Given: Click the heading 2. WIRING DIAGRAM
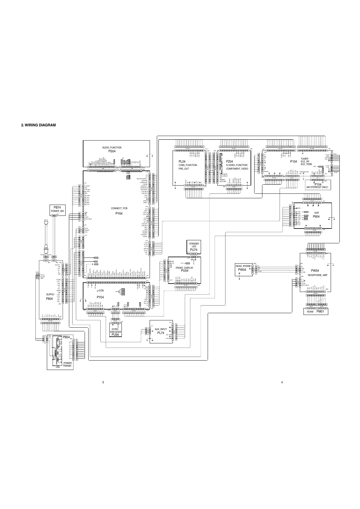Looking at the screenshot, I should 38,125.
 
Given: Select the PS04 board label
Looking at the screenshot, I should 112,151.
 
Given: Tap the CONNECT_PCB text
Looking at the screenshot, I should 119,209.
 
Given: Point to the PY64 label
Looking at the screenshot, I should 119,213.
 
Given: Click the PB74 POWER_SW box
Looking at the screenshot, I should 57,209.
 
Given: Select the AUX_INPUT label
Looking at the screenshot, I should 161,329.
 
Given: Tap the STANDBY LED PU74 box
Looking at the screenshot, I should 194,247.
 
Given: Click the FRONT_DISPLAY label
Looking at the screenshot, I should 184,268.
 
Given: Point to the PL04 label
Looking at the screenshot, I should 182,162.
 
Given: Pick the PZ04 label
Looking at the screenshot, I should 230,162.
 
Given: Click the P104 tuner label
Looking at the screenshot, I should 294,162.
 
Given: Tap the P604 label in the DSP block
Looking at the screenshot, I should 316,216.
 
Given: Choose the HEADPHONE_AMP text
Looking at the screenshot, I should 317,275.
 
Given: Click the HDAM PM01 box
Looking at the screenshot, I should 316,311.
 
